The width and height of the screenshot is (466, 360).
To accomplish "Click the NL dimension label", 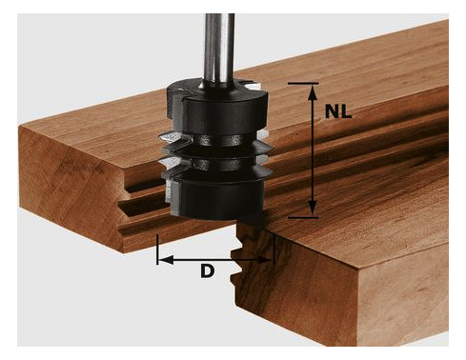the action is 338,111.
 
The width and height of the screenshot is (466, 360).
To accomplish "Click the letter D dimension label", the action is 207,271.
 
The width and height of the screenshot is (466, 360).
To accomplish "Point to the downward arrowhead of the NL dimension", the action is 313,209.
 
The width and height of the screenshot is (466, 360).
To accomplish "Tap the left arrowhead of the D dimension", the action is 166,260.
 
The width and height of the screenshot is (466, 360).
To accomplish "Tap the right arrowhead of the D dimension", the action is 266,260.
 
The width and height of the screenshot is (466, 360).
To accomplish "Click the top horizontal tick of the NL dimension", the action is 303,84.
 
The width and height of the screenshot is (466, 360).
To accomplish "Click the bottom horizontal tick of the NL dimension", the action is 303,218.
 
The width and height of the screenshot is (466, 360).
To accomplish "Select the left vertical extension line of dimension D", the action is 157,250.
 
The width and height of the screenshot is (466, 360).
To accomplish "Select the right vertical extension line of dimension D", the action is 274,250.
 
